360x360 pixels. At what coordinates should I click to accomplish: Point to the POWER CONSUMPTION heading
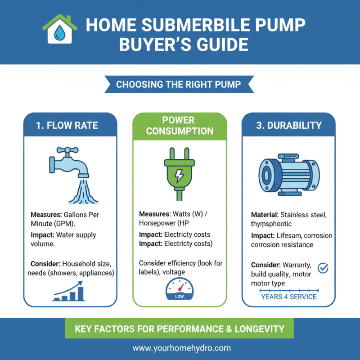click(x=180, y=126)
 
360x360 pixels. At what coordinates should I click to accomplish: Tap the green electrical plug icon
click(x=179, y=171)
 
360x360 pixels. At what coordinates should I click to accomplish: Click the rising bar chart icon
click(x=69, y=291)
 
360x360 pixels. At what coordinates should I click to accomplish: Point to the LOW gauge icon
click(x=179, y=288)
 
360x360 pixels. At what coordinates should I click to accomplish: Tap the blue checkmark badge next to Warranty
click(x=323, y=268)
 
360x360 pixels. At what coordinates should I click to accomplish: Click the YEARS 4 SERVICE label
click(x=289, y=297)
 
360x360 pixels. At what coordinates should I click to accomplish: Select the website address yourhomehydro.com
click(x=181, y=348)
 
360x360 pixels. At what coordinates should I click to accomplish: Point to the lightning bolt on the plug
click(x=179, y=174)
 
